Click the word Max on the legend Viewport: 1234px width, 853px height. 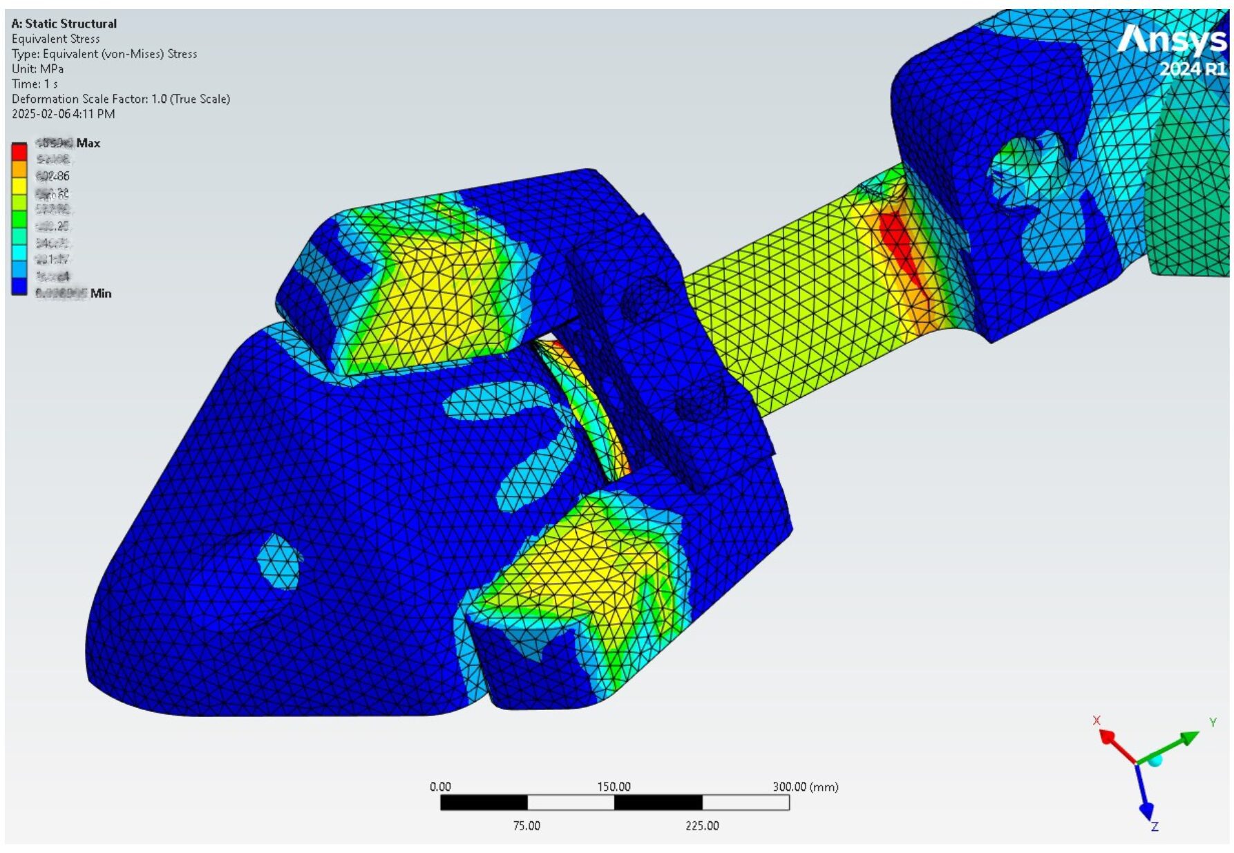point(88,143)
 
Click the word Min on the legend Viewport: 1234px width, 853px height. point(100,293)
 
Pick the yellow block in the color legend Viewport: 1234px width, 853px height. point(19,185)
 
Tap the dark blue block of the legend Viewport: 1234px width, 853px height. point(19,286)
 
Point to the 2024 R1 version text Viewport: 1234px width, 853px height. point(1192,69)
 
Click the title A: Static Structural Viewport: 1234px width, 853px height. point(64,23)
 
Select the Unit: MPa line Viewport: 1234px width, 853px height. point(37,69)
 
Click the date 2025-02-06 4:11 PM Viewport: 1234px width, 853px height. point(63,114)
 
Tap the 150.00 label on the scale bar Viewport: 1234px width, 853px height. point(614,787)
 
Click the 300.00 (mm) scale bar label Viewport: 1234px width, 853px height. point(805,787)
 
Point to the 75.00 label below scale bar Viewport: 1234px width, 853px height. point(526,825)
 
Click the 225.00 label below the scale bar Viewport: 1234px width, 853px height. point(702,825)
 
